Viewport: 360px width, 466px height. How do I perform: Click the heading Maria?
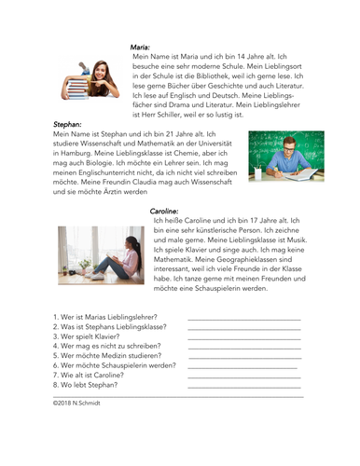(x=141, y=46)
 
